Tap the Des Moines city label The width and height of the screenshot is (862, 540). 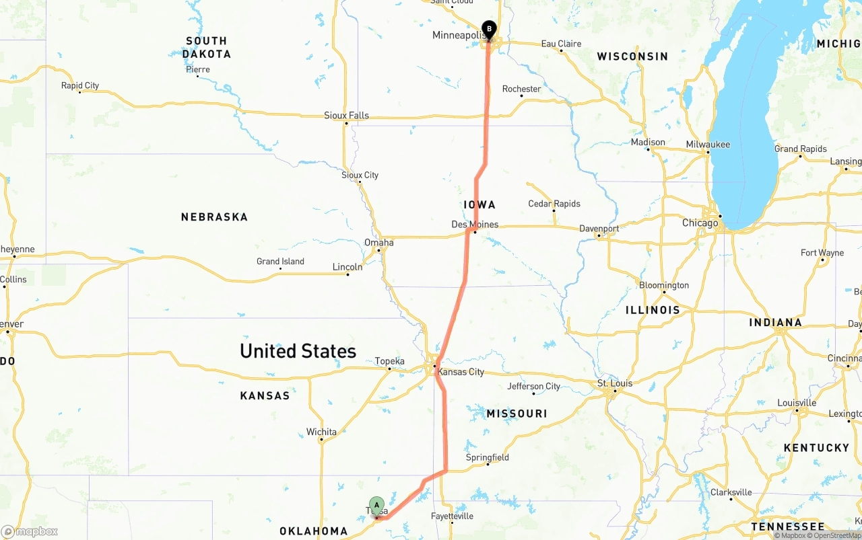475,224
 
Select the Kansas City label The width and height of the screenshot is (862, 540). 461,372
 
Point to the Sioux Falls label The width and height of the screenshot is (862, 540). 346,116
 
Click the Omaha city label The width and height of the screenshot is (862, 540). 378,242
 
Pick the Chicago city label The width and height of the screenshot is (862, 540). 700,223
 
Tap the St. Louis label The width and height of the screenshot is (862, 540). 615,383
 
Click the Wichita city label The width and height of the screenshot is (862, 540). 321,432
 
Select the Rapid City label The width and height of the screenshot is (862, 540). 80,85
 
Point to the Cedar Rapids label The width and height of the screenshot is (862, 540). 554,204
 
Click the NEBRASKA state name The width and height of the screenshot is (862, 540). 214,217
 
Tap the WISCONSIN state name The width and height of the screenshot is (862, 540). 632,56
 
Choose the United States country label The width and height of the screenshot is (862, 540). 298,351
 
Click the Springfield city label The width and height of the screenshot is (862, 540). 488,458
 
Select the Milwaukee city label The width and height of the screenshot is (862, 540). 708,145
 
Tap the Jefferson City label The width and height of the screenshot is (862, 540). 533,387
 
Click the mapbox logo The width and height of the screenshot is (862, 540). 30,531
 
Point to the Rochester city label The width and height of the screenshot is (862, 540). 521,89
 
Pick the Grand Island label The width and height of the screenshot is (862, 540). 280,262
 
